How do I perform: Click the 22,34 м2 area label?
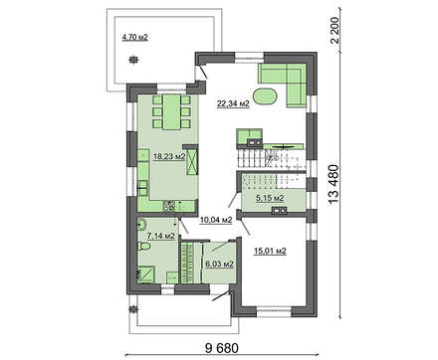click(233, 104)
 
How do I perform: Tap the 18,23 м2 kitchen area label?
click(169, 156)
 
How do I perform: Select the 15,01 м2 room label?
click(270, 251)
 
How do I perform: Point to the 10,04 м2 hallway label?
click(216, 220)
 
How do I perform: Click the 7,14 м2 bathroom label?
click(161, 236)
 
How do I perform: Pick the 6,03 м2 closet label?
click(220, 265)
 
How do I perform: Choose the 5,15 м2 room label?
click(270, 198)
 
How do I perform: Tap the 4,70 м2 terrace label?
click(134, 37)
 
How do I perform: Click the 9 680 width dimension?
click(222, 348)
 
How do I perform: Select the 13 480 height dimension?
click(333, 184)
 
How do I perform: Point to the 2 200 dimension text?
click(335, 30)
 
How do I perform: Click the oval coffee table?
click(264, 96)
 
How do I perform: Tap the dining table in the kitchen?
click(171, 112)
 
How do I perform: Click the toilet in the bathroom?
click(143, 247)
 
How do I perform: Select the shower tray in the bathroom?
click(146, 274)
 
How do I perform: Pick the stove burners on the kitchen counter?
click(168, 207)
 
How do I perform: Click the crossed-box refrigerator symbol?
click(192, 162)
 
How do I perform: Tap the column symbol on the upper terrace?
click(133, 60)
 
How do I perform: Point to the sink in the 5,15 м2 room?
click(279, 210)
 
